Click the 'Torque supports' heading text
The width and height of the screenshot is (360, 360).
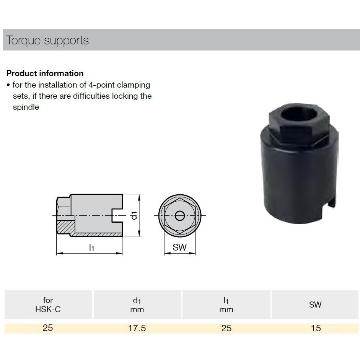47,41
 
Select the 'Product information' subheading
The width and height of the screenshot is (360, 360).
45,73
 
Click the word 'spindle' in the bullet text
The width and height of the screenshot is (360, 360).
26,107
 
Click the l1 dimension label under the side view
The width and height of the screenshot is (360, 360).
91,248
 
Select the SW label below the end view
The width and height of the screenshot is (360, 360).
179,248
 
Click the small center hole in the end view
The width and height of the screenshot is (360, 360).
179,216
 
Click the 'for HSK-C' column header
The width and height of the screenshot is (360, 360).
48,305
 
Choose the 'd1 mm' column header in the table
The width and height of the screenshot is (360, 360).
137,305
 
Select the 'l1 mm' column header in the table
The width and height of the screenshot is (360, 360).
226,305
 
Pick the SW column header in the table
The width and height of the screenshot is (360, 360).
315,305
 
